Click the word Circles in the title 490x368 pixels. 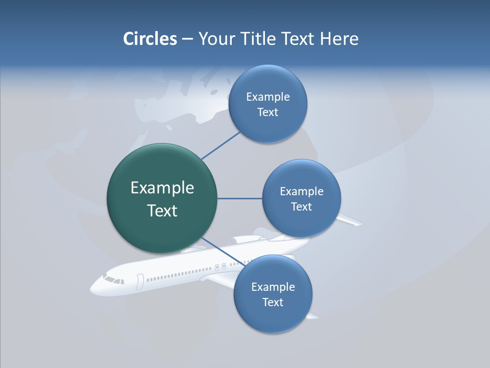tap(150, 39)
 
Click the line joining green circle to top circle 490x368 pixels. tap(220, 145)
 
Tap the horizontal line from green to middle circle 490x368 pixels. tap(239, 198)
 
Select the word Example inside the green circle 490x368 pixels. tap(162, 188)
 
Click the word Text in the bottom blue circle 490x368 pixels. tap(273, 303)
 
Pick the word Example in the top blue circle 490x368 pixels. tap(268, 97)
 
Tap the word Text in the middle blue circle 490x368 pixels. tap(301, 207)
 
